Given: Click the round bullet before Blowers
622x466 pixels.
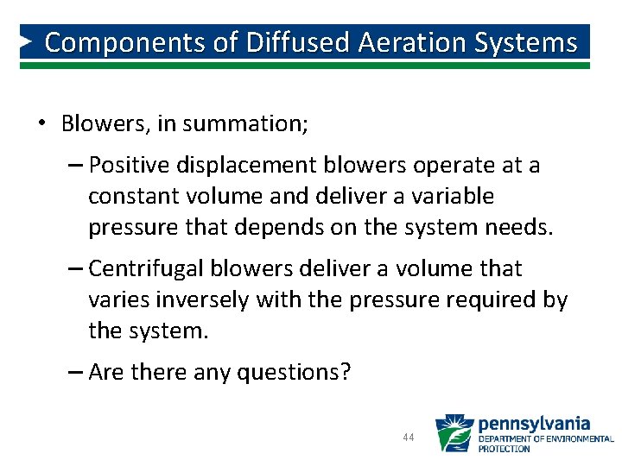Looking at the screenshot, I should (41, 123).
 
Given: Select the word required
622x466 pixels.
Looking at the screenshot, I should (490, 300).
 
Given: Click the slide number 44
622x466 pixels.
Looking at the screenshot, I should (409, 438).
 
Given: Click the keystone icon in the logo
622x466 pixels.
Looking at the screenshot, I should (454, 433).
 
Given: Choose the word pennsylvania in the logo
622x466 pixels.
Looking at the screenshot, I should (533, 424).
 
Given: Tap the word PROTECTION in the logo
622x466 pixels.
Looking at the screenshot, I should (505, 449).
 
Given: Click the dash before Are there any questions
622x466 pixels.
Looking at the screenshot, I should (74, 373).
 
